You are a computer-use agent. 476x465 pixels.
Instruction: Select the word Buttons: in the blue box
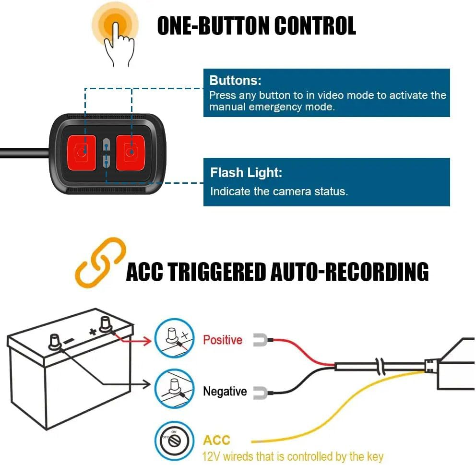tap(235, 80)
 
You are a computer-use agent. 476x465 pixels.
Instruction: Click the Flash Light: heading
tap(246, 173)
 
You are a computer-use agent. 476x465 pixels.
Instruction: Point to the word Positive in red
tap(223, 340)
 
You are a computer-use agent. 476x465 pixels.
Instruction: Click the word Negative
tap(225, 392)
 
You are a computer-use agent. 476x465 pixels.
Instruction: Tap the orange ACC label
tap(217, 440)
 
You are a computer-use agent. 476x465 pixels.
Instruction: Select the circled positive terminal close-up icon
tap(174, 337)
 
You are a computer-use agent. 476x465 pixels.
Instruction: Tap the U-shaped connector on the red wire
tap(260, 340)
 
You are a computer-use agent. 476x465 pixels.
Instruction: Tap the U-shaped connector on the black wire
tap(260, 392)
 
